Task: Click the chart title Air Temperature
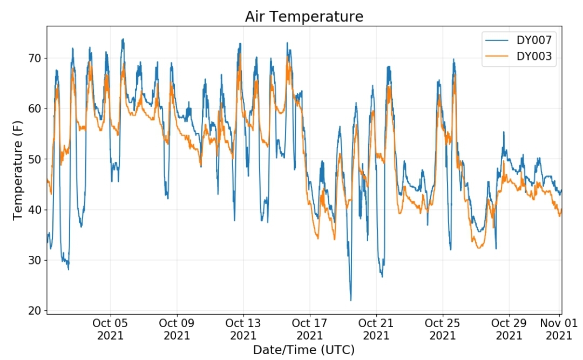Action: tap(304, 16)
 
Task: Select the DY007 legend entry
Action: tap(518, 40)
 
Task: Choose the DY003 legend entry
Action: tap(518, 56)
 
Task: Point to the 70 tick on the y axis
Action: tap(35, 58)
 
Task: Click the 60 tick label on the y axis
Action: tap(35, 108)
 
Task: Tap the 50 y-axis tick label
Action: tap(35, 159)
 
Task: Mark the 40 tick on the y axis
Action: tap(35, 210)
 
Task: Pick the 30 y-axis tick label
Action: tap(35, 260)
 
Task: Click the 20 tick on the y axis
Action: tap(35, 310)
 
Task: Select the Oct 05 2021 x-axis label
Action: tap(110, 329)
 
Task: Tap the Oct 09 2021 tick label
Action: tap(177, 329)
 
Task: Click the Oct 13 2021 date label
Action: tap(243, 329)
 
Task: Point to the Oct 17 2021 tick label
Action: tap(309, 329)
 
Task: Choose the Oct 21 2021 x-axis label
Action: tap(376, 329)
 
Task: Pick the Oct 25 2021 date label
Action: tap(443, 329)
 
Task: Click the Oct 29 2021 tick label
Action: tap(509, 329)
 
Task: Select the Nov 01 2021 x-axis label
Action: tap(559, 329)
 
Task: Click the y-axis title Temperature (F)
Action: tap(17, 171)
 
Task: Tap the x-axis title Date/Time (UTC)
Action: tap(304, 350)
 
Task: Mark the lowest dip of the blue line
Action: tap(351, 300)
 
